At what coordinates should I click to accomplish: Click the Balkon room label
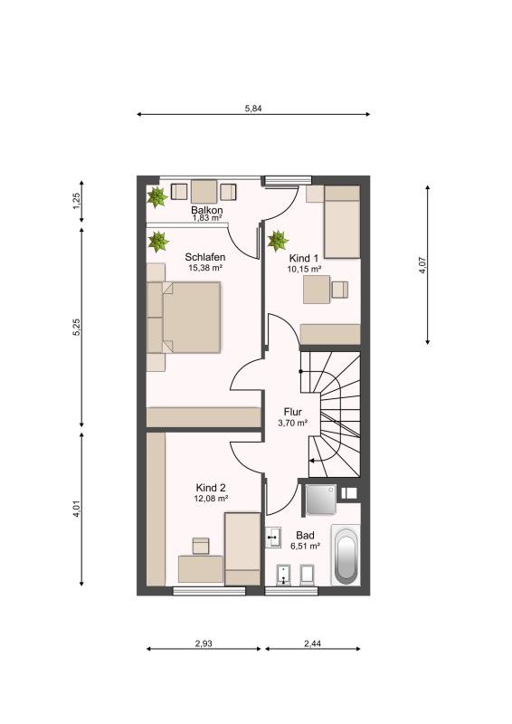pos(207,211)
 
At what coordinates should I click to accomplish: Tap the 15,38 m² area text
pos(205,267)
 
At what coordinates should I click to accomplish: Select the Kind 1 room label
pos(303,258)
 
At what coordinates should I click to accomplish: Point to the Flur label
pos(293,412)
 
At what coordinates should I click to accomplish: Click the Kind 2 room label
pos(211,488)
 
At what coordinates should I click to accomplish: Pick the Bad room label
pos(305,535)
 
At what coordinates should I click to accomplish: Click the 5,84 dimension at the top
pos(253,109)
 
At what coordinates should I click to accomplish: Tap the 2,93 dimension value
pos(204,643)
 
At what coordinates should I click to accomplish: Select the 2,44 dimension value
pos(313,643)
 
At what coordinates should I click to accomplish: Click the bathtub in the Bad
pos(346,556)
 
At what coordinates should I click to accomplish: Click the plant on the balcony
pos(157,197)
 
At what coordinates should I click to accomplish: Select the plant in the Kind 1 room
pos(278,241)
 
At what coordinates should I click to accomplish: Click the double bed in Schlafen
pos(184,318)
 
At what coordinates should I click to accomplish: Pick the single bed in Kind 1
pos(342,222)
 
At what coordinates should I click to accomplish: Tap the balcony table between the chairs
pos(204,191)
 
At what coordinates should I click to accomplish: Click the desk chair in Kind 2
pos(201,546)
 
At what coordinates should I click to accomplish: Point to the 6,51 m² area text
pos(305,546)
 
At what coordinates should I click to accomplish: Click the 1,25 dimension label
pos(77,200)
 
